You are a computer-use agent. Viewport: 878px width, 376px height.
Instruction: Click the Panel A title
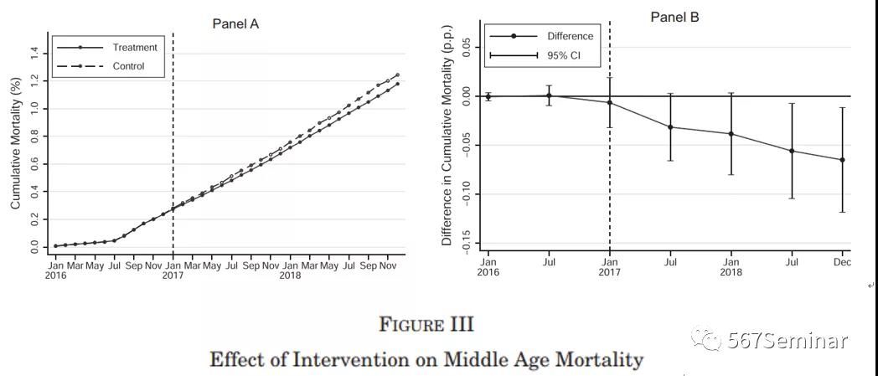[235, 23]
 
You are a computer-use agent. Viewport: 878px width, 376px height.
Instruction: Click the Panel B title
[674, 17]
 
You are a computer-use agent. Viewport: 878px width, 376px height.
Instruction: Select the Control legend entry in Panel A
[128, 66]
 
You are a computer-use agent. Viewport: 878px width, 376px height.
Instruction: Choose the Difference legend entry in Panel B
[570, 36]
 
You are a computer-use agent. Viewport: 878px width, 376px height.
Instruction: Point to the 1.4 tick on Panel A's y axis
[34, 53]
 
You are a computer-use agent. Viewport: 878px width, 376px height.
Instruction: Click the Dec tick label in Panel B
[842, 262]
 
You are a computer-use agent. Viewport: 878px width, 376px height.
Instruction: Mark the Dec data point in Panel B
[842, 160]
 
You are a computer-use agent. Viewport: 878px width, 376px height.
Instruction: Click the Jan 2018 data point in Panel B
[731, 134]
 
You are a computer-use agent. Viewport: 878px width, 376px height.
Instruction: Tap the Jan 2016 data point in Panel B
[488, 96]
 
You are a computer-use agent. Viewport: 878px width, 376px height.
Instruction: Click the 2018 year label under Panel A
[290, 276]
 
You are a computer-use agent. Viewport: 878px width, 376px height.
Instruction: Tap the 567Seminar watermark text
[788, 340]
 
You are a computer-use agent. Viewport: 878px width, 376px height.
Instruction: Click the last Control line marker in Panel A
[397, 75]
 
